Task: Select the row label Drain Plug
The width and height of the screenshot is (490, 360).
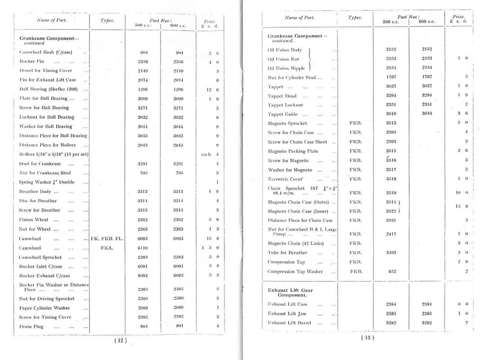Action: (32, 327)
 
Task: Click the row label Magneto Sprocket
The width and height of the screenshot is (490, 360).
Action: (288, 123)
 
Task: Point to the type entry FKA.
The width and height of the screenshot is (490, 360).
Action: (107, 248)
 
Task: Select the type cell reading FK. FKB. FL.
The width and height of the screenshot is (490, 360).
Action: (107, 239)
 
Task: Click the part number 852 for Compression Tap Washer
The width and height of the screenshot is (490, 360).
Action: (392, 272)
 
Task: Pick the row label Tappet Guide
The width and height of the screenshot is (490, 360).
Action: (283, 114)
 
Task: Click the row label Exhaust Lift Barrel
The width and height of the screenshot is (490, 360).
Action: (290, 323)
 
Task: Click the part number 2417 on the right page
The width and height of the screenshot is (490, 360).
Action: (392, 234)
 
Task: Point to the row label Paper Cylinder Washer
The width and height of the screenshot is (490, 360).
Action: (45, 308)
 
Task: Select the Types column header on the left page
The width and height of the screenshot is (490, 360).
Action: (107, 21)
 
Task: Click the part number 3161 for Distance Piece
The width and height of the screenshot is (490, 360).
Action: (392, 220)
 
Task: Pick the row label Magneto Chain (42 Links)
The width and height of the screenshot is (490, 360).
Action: (296, 243)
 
